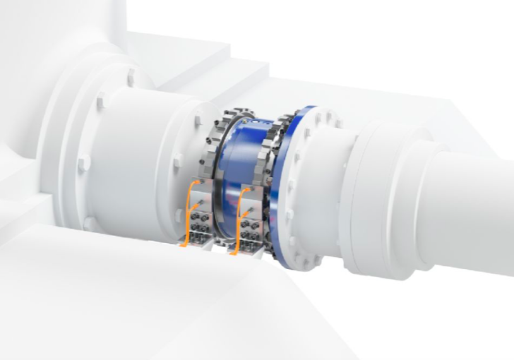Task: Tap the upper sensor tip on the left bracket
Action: [200, 201]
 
